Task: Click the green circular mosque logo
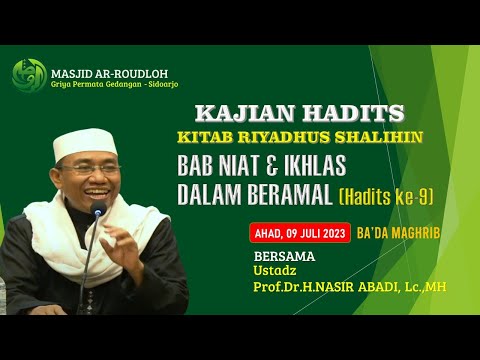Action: pyautogui.click(x=29, y=75)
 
